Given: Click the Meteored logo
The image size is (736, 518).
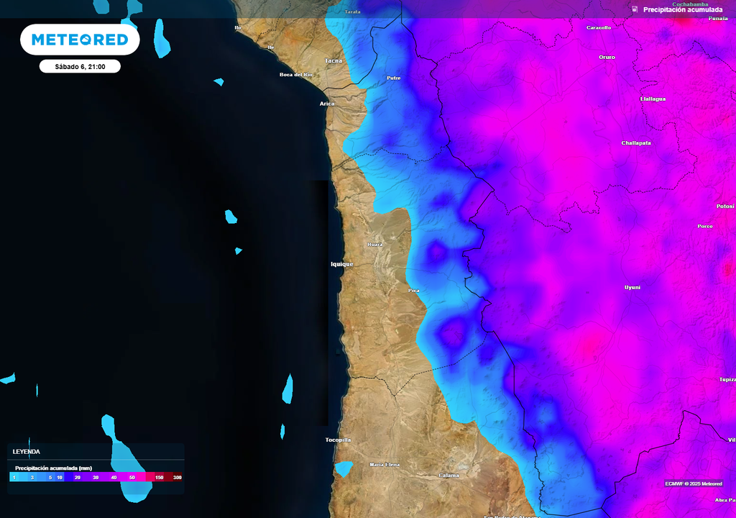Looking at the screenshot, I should click(80, 40).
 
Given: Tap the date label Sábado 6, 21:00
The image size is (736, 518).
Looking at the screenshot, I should click(80, 66).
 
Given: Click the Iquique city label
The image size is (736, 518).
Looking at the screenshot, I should click(342, 264).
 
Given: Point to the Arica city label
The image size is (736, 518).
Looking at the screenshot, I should click(327, 104).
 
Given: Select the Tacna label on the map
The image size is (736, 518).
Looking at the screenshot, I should click(334, 60).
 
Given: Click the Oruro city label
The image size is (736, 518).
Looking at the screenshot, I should click(607, 57).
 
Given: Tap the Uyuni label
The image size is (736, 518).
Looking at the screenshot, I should click(632, 287).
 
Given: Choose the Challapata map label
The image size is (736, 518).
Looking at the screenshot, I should click(636, 143).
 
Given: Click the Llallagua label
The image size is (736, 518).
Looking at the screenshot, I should click(653, 99).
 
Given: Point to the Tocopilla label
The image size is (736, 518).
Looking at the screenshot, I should click(338, 440).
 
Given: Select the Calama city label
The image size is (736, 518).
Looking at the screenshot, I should click(448, 475).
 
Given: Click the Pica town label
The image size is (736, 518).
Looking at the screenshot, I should click(413, 290).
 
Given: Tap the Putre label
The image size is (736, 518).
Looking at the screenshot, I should click(394, 78).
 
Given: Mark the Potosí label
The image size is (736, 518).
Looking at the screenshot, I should click(725, 206).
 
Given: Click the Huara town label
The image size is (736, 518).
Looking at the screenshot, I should click(374, 245).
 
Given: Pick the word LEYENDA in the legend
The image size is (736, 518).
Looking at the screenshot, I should click(27, 452).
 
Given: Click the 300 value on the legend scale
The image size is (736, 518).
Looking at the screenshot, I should click(177, 478).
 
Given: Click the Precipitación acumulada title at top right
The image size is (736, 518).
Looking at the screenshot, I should click(683, 9).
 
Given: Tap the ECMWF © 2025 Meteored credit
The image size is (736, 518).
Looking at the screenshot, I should click(694, 483).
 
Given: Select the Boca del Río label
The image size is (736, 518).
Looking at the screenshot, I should click(296, 75).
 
